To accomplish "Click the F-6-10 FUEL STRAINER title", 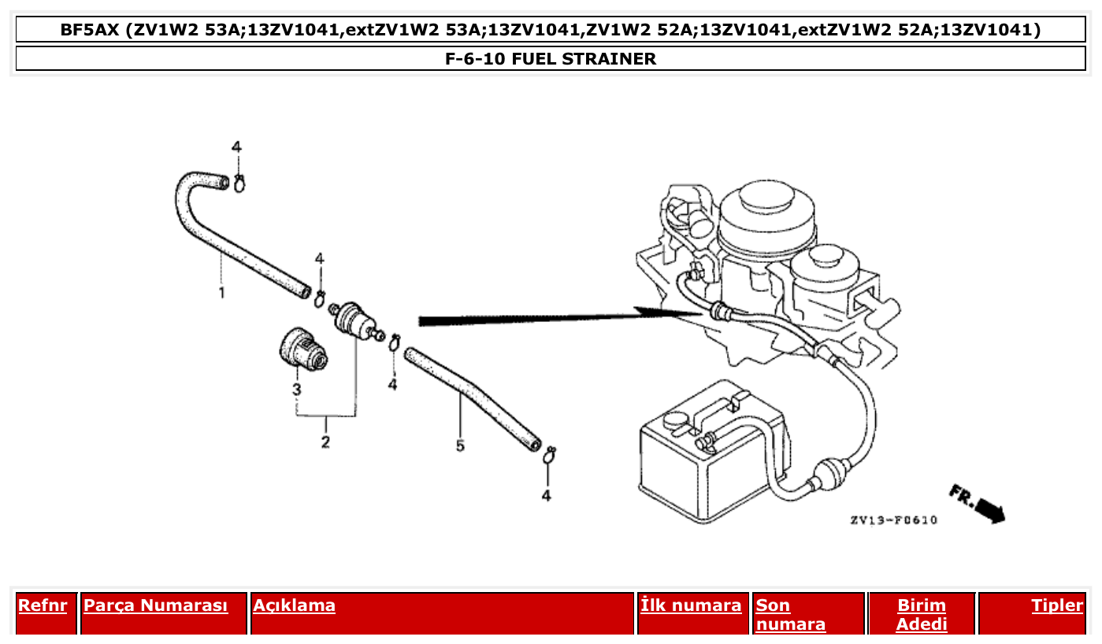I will pos(551,59).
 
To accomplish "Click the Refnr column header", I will pos(43,605).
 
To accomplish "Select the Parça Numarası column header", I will pos(155,605).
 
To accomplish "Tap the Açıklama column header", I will pos(294,605).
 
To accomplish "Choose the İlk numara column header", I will pos(691,605).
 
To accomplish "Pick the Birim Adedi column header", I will pos(921,615).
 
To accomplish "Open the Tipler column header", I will pos(1057,605).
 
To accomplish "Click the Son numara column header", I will pos(790,615).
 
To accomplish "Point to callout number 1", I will pos(222,293).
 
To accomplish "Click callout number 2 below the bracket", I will pos(325,442).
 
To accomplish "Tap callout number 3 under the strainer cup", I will pos(297,390).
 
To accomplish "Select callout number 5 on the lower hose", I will pos(460,446).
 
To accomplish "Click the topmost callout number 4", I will pos(236,147).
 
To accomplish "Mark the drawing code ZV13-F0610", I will pos(893,520).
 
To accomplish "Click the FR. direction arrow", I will pos(978,505).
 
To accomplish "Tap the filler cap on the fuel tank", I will pos(675,420).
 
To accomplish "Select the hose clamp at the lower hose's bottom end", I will pos(551,453).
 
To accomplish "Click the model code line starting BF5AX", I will pos(551,31).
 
